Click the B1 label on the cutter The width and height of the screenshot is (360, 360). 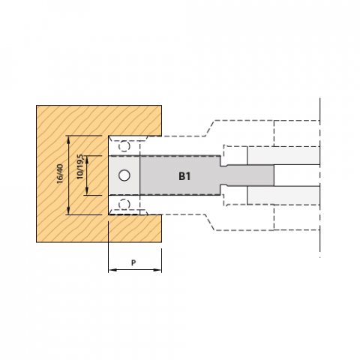[x=184, y=176]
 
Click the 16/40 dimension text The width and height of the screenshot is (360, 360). [x=60, y=174]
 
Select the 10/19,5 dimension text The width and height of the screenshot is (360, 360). [x=80, y=166]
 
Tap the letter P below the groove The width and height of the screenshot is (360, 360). [x=133, y=262]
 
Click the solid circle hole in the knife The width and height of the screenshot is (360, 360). [x=124, y=175]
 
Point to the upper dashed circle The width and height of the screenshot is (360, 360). [x=124, y=146]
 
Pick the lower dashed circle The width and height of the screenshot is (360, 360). [x=124, y=205]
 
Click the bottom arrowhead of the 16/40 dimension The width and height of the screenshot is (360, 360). [x=69, y=210]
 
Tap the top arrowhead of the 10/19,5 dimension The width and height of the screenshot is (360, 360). [x=87, y=160]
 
